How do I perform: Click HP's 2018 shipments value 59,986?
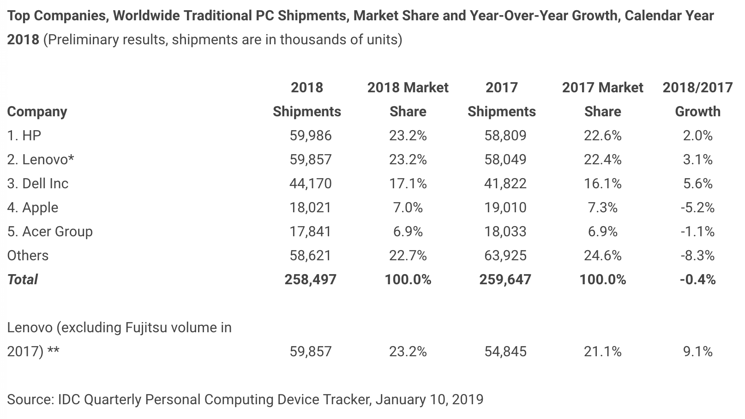tap(311, 135)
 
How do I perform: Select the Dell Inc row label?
tap(38, 183)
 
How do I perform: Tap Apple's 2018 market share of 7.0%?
tap(408, 207)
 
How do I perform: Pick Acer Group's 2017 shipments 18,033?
tap(505, 231)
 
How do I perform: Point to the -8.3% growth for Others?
tap(697, 255)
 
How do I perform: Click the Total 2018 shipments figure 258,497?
tap(311, 279)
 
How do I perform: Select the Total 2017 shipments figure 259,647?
tap(505, 279)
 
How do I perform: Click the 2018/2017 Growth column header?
tap(697, 99)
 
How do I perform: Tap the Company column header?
tap(37, 111)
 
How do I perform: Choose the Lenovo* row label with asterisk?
tap(41, 159)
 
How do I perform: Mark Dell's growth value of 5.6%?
tap(697, 183)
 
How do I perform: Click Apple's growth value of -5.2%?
tap(697, 207)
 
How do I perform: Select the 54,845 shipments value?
tap(505, 351)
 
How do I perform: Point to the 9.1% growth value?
tap(697, 351)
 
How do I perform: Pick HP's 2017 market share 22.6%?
tap(602, 135)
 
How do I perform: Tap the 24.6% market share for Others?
tap(602, 255)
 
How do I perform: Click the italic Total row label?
tap(23, 279)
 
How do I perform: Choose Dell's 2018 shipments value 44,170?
tap(311, 183)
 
